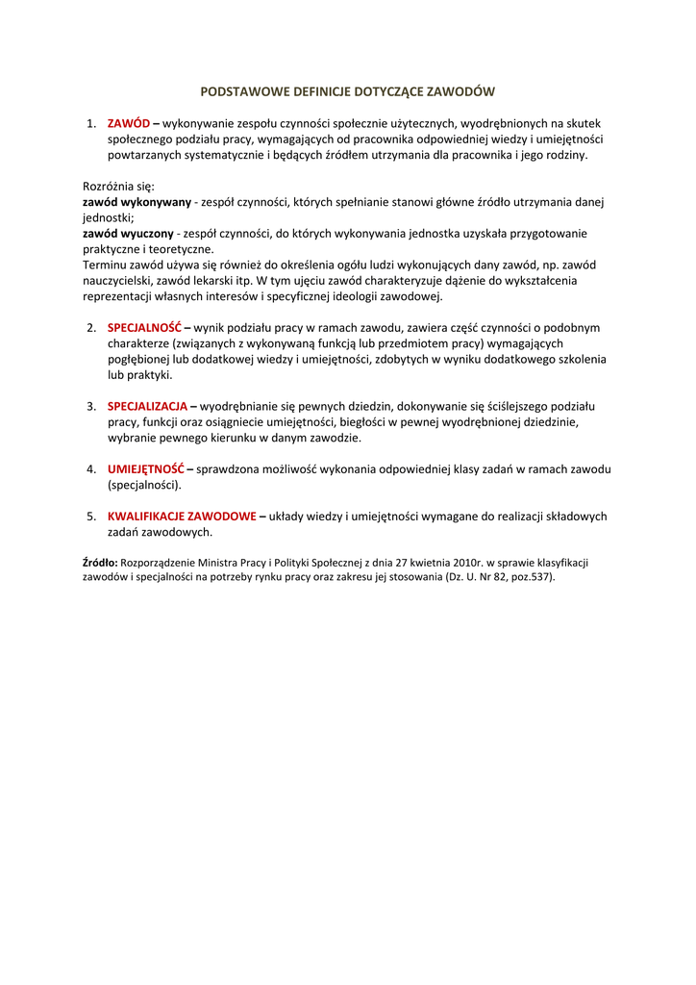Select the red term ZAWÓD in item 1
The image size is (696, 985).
tap(129, 123)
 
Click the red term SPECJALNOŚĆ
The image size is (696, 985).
tap(145, 327)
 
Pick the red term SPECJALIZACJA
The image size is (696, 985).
tap(148, 406)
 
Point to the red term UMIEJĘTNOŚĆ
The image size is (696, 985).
tap(145, 469)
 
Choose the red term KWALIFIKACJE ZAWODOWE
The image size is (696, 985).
tap(182, 517)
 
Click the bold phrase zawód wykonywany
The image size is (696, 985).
tap(137, 202)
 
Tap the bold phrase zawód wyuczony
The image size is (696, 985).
tap(128, 233)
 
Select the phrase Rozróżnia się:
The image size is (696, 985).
tap(118, 186)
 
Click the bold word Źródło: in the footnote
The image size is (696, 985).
tap(100, 562)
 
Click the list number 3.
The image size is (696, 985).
tap(91, 406)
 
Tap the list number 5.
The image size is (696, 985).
tap(91, 517)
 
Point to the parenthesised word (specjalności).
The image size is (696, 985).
tap(144, 485)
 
